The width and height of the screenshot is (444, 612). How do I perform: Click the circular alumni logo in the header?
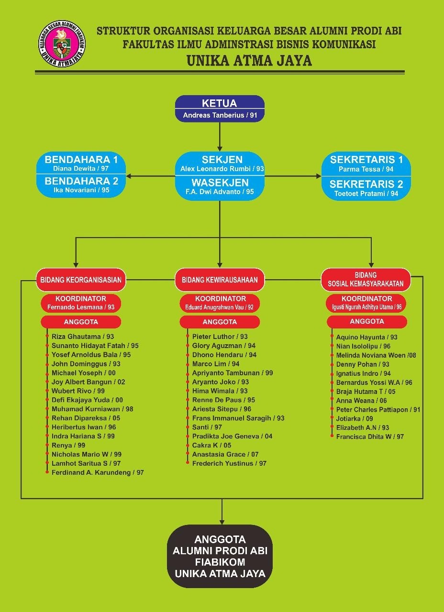[62, 43]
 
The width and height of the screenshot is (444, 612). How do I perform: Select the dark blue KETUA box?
[220, 109]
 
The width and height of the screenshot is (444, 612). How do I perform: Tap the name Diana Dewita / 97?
[81, 168]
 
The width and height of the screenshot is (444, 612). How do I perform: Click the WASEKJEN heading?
[220, 183]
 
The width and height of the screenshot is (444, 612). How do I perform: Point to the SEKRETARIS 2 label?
[366, 184]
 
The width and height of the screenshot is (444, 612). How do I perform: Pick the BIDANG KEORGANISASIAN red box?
[81, 280]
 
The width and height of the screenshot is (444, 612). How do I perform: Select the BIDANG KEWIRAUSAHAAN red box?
[220, 280]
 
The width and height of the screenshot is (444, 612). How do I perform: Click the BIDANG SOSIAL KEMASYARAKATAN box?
[366, 280]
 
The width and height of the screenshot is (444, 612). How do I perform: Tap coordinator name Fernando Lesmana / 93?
[81, 307]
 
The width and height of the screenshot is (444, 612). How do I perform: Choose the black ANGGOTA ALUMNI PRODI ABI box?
[220, 556]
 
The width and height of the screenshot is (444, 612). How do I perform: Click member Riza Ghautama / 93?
[83, 336]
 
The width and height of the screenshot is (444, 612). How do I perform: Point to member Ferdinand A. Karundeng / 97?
[98, 472]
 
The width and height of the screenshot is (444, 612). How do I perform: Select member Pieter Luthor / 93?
[220, 336]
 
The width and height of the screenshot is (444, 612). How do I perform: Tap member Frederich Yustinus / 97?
[229, 463]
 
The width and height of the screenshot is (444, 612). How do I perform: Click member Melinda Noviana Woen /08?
[376, 355]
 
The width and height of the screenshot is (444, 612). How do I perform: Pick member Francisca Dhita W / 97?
[370, 437]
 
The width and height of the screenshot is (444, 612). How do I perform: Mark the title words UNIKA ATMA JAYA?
[249, 60]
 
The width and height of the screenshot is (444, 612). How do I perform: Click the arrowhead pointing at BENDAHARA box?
[129, 176]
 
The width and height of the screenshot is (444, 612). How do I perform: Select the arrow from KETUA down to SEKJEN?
[220, 137]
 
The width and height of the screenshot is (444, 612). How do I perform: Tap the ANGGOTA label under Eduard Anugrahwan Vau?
[220, 322]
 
